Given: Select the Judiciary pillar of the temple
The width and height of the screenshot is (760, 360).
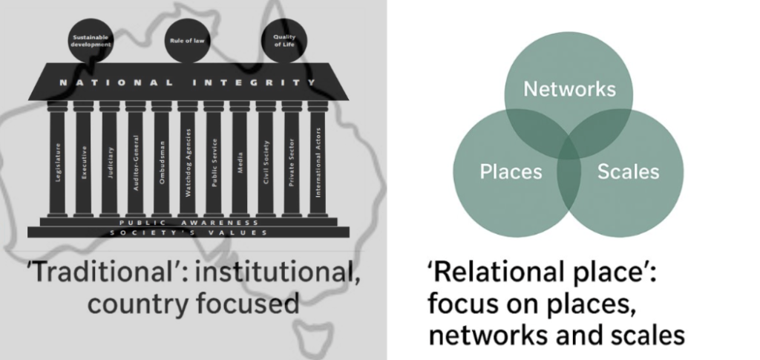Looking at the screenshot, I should (110, 160).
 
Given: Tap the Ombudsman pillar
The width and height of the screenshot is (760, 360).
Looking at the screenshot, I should (162, 160).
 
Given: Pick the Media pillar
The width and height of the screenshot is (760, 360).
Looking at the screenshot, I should (240, 160).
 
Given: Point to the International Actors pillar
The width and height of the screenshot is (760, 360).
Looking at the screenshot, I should (318, 160).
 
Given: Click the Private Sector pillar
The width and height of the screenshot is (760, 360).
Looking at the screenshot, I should (292, 160).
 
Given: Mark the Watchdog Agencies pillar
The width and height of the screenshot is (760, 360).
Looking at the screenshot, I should (188, 160).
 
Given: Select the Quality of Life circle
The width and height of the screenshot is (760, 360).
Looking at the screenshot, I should (280, 41).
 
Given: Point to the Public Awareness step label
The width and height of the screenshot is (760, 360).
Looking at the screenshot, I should (189, 222).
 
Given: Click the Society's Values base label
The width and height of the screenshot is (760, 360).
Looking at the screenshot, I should (189, 232).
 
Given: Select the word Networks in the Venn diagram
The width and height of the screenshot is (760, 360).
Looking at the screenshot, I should (569, 90).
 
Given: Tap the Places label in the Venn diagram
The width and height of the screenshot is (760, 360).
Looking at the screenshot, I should (511, 172).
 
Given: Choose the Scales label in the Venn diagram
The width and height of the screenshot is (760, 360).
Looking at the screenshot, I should (628, 172).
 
